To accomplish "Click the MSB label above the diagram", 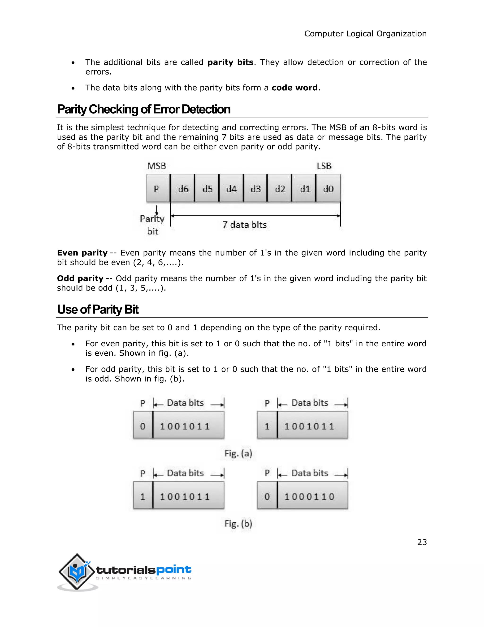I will click(156, 166).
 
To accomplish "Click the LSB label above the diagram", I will click(324, 166).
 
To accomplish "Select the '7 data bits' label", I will click(245, 225).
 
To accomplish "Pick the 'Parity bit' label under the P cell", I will click(152, 225).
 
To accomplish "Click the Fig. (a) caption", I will click(238, 453).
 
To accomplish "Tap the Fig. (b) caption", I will click(238, 524).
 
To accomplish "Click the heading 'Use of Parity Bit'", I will click(98, 309).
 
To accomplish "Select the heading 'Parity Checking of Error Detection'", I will click(144, 109).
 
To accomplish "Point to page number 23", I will click(422, 542).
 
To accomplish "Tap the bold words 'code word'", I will click(294, 88).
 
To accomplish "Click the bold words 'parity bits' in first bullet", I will click(230, 62).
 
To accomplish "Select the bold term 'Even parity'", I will click(82, 253).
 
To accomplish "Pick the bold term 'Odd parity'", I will click(80, 278).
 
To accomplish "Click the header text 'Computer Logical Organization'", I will click(365, 34).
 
